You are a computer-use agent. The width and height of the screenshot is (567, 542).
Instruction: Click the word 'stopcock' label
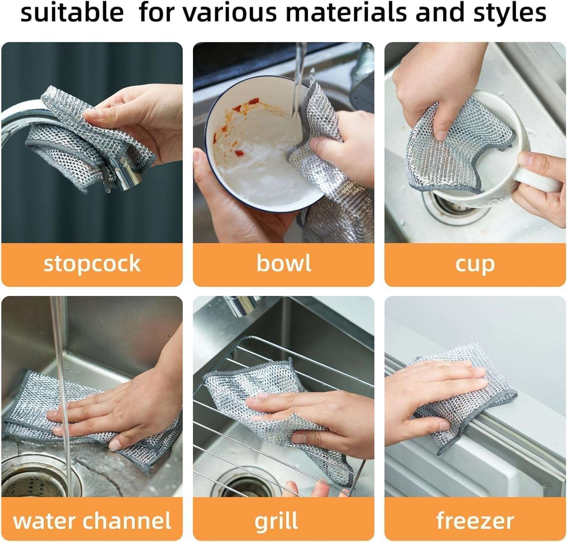pos(92,263)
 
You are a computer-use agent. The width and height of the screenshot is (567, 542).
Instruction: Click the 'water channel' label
pos(92,521)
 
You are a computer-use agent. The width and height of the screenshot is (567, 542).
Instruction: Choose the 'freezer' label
pos(475,521)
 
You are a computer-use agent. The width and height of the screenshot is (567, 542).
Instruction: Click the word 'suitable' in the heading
pos(72,12)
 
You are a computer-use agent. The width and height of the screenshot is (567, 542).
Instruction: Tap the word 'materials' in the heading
pos(346,12)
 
